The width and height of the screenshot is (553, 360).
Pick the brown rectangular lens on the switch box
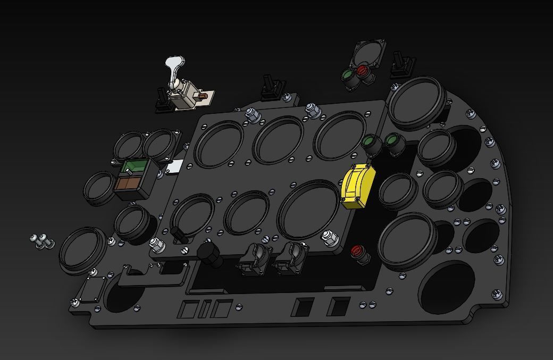pyautogui.click(x=128, y=183)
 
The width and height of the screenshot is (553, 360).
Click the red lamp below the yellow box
pyautogui.click(x=357, y=250)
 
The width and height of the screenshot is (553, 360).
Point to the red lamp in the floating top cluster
pyautogui.click(x=363, y=72)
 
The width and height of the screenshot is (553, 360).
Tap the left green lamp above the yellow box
pyautogui.click(x=371, y=142)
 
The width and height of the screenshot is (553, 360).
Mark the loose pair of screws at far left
pyautogui.click(x=42, y=241)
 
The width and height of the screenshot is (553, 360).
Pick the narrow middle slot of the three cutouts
pyautogui.click(x=206, y=308)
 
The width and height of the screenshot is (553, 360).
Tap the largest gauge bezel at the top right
pyautogui.click(x=416, y=102)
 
